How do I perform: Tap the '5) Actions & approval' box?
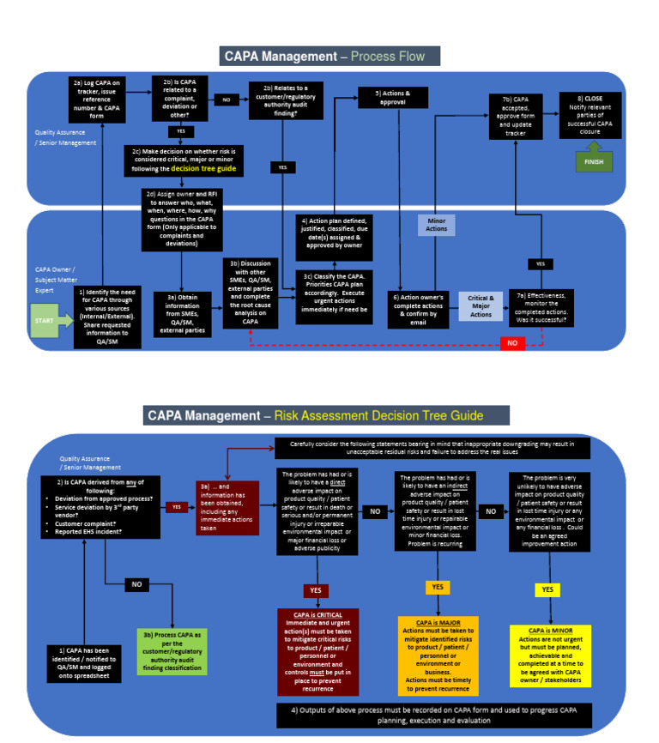pos(393,97)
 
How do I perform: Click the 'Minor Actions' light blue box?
pos(436,225)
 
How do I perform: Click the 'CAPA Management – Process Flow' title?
pos(330,57)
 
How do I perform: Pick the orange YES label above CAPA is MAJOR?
pos(438,587)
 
